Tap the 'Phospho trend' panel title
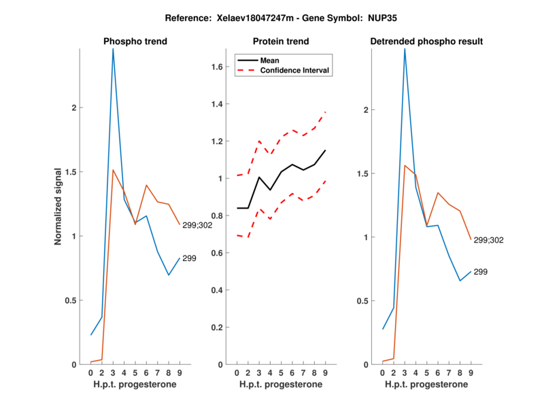[135, 41]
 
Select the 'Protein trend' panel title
[281, 41]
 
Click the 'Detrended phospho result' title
[426, 41]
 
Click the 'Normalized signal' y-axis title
[58, 207]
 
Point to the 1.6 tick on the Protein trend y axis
[220, 67]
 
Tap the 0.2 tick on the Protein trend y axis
[220, 328]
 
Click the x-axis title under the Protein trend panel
[281, 385]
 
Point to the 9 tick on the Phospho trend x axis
[180, 372]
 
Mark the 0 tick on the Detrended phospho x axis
[382, 372]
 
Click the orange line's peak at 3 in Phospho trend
[113, 170]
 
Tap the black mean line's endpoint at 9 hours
[326, 150]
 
